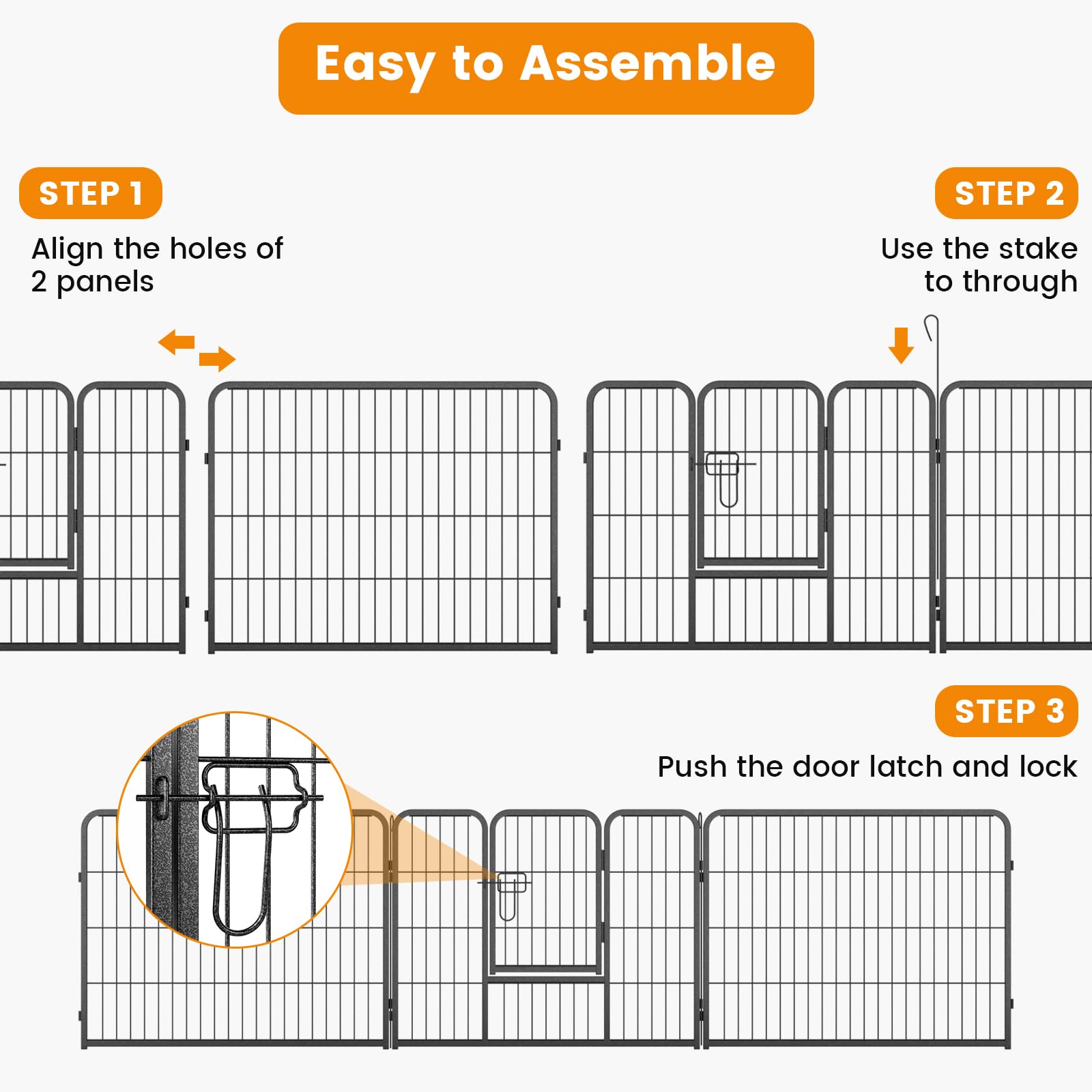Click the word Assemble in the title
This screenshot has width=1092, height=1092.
pyautogui.click(x=648, y=63)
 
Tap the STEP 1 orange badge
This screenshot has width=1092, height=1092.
pyautogui.click(x=90, y=193)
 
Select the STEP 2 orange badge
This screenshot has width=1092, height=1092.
pyautogui.click(x=1006, y=193)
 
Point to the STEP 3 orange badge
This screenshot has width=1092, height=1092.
pyautogui.click(x=1006, y=711)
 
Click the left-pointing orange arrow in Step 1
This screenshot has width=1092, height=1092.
pyautogui.click(x=176, y=342)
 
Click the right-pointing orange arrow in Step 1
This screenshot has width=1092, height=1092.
pyautogui.click(x=218, y=358)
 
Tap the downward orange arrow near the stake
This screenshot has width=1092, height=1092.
pyautogui.click(x=901, y=345)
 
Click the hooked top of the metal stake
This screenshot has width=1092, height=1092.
pyautogui.click(x=932, y=326)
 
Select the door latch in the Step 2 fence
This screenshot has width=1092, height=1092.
pyautogui.click(x=724, y=474)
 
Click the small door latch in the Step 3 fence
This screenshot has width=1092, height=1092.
pyautogui.click(x=511, y=891)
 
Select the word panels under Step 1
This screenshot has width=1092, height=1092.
pyautogui.click(x=105, y=282)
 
